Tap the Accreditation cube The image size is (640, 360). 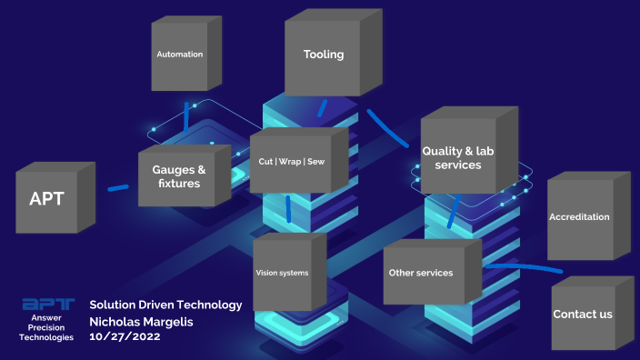579,217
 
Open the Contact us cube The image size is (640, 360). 583,315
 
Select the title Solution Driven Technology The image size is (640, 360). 166,305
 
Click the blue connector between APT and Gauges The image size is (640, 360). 118,188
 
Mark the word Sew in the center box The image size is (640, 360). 315,162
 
